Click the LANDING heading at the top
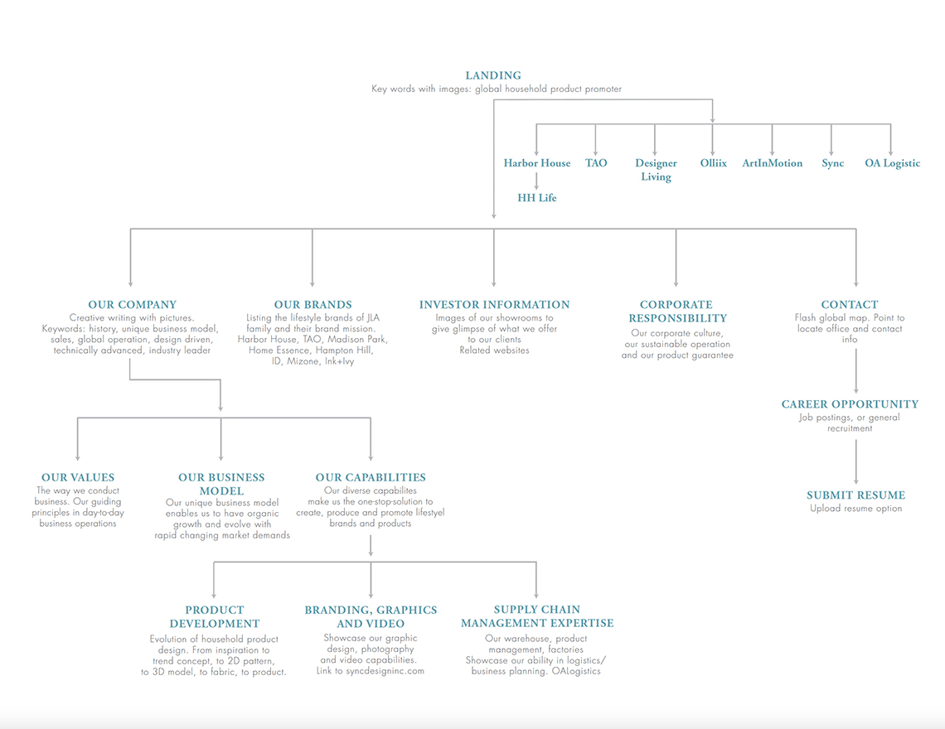(x=493, y=75)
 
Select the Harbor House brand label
(x=537, y=162)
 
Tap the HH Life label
(x=537, y=198)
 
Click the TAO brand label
(x=596, y=162)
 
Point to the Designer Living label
(x=656, y=169)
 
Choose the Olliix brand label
(x=714, y=162)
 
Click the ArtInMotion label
(x=772, y=162)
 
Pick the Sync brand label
(x=833, y=163)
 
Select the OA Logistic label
(x=893, y=163)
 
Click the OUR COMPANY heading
(x=133, y=305)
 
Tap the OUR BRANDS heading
(x=313, y=305)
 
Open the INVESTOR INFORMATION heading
(x=494, y=305)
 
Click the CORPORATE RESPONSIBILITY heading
(x=677, y=311)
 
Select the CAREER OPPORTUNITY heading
(x=850, y=404)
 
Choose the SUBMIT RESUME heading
(x=855, y=495)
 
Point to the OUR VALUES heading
(x=78, y=477)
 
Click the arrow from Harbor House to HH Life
(x=536, y=181)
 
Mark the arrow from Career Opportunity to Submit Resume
(x=855, y=462)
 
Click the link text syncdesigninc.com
(x=385, y=670)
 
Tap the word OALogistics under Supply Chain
(x=576, y=671)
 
